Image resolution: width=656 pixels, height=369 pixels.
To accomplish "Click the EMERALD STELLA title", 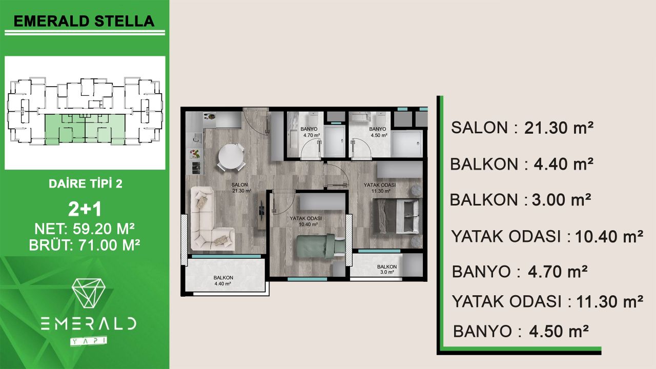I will (84, 21).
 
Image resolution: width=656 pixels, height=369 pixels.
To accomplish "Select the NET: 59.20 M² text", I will (85, 228).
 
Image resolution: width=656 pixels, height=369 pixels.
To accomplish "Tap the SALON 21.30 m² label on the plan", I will (241, 188).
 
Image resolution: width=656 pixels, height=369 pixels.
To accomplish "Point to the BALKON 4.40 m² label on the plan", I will (223, 280).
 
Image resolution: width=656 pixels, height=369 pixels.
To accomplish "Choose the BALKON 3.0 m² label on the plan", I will (386, 270).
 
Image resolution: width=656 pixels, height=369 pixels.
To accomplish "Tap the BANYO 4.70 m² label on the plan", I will (311, 132).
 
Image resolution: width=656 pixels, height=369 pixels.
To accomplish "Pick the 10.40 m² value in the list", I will (609, 237).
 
